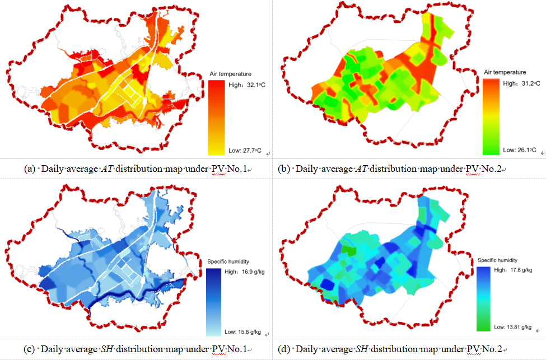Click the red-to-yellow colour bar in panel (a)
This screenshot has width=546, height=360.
point(217,117)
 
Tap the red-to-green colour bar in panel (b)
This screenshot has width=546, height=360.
point(491,116)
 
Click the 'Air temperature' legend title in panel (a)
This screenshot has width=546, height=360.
point(230,73)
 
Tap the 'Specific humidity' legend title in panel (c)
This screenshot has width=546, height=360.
point(228,261)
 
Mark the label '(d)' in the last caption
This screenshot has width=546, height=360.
point(284,349)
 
